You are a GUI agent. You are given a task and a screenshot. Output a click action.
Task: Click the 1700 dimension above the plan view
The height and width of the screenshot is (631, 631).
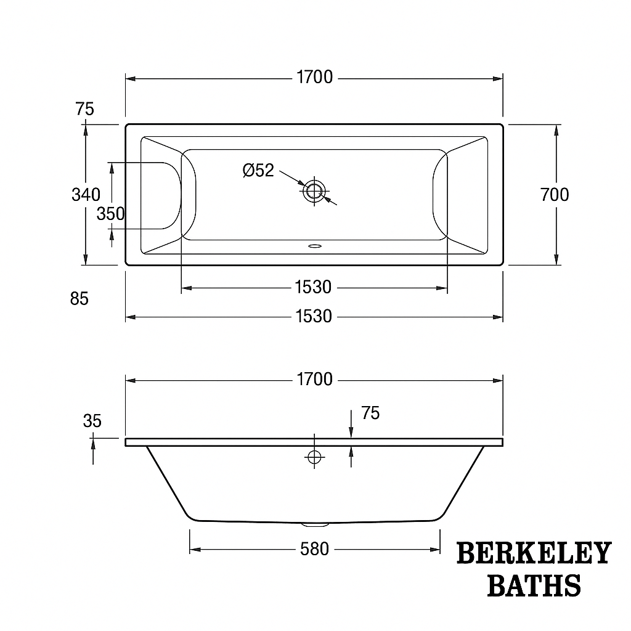click(314, 78)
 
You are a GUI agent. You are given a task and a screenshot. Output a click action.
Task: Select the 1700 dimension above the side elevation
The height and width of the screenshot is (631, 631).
click(314, 380)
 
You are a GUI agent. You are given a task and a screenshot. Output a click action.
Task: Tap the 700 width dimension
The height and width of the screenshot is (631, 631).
click(555, 195)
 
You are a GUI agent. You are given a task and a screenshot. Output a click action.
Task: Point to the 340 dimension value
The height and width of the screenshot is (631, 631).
click(86, 195)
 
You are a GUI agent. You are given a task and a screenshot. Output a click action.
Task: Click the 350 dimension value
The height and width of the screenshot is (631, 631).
click(110, 214)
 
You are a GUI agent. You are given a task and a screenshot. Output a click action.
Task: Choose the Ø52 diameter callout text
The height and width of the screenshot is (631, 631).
click(258, 171)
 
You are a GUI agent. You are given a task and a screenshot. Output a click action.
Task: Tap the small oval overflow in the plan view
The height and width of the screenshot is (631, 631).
click(314, 246)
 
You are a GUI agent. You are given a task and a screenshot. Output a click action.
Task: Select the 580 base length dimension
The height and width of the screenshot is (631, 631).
click(314, 549)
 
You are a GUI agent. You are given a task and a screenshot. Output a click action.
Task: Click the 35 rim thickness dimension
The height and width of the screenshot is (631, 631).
click(92, 421)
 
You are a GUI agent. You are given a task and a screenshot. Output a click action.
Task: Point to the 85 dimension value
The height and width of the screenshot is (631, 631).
click(79, 299)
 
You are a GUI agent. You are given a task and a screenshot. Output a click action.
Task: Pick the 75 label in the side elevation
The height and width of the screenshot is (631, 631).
click(370, 413)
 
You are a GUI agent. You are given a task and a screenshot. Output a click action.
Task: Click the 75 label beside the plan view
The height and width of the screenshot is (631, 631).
click(84, 109)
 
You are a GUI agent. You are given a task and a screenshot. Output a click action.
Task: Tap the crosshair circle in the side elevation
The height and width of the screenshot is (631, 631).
click(314, 457)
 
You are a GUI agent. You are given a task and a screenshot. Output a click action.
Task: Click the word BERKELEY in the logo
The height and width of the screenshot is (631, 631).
click(534, 553)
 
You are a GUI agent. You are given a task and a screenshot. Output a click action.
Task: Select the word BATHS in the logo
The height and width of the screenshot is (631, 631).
click(534, 585)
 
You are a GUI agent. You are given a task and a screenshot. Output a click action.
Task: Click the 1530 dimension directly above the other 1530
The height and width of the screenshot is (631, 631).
click(313, 287)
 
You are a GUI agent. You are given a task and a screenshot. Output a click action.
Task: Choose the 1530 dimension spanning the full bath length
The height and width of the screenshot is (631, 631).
click(313, 317)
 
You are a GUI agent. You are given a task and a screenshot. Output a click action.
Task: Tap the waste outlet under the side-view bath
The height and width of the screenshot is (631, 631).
click(314, 525)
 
